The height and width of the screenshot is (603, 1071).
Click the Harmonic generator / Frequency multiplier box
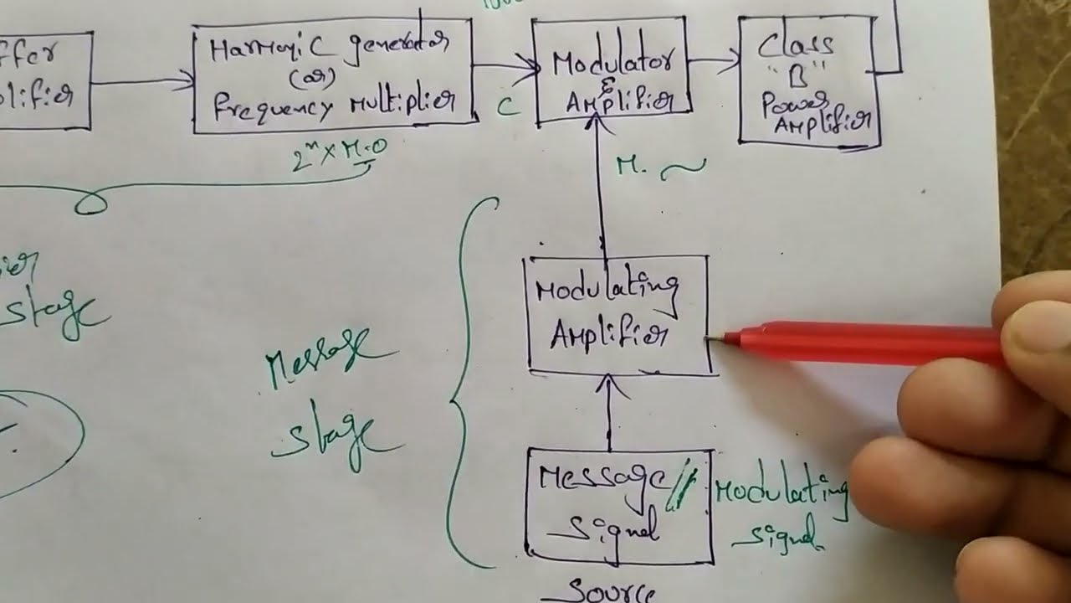tap(333, 75)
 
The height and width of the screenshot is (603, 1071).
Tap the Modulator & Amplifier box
tap(610, 71)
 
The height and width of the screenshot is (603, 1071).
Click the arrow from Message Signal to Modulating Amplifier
tap(609, 410)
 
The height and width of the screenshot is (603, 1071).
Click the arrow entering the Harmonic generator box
tap(142, 82)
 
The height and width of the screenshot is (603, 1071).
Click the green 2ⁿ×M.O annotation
tap(339, 153)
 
